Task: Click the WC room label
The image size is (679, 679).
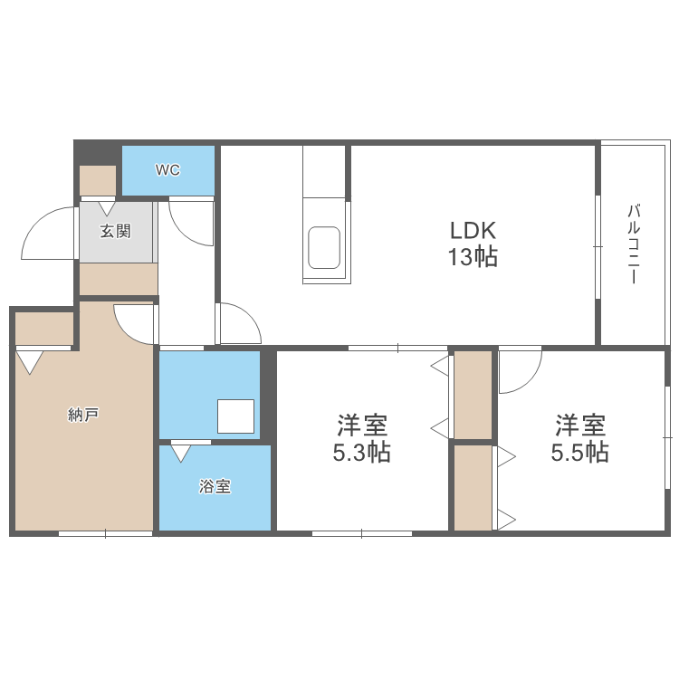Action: tap(167, 169)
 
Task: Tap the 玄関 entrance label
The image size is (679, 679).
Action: tap(115, 231)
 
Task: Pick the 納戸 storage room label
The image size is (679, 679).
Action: tap(82, 416)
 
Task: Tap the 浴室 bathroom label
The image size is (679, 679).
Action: tap(215, 486)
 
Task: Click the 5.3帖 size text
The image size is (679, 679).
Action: tap(361, 453)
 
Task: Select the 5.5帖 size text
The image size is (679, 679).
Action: tap(579, 453)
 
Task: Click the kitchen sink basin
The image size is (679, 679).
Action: tap(324, 247)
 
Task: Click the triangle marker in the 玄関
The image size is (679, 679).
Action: tap(107, 208)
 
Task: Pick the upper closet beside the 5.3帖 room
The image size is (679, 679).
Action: tap(473, 394)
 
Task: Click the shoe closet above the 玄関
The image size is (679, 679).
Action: tap(98, 180)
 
